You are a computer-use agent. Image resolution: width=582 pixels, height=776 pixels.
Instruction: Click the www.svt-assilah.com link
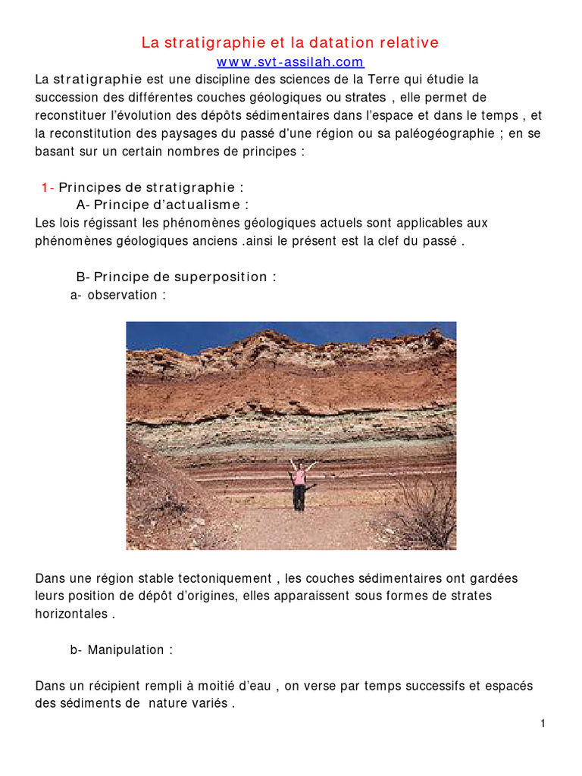290,62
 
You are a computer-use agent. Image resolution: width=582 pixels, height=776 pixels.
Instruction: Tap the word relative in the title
410,42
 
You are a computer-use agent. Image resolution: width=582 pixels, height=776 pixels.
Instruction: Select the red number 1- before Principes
47,187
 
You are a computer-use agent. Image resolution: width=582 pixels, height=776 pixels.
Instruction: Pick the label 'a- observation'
117,295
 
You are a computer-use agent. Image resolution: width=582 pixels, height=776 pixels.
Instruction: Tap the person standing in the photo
299,485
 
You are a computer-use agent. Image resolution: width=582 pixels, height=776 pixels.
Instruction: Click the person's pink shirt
299,477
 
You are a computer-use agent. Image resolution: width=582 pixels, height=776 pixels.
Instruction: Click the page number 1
543,724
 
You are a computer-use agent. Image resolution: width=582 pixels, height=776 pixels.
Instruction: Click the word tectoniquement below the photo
227,578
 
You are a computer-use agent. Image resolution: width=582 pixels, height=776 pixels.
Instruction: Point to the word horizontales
71,614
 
